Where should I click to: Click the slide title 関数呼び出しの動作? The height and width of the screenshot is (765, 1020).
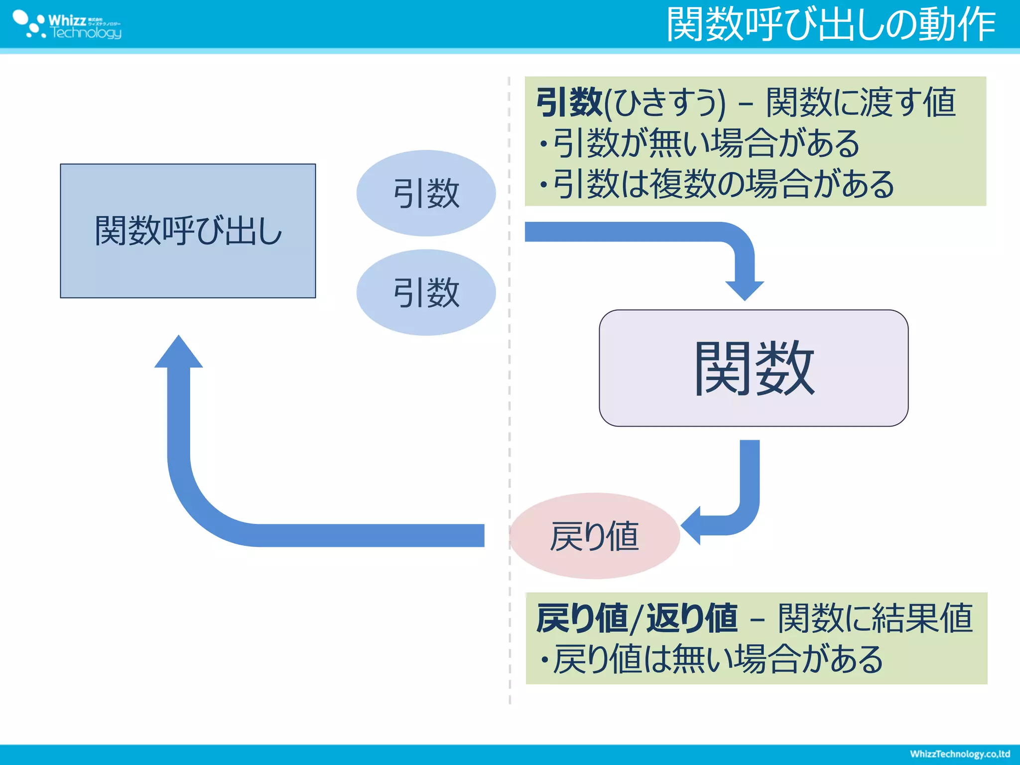(830, 25)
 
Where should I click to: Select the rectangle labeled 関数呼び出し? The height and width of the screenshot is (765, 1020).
(188, 231)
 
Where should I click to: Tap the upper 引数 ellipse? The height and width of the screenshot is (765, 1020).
(426, 193)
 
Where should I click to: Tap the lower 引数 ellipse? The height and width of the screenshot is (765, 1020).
(426, 292)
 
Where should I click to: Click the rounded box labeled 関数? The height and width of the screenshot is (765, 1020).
(754, 368)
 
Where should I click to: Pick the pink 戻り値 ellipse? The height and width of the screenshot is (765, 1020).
(594, 536)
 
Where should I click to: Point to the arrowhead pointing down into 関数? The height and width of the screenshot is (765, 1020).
(745, 290)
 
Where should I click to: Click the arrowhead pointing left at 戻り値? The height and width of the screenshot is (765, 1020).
(692, 525)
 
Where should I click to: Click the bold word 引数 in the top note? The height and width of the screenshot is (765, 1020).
(569, 103)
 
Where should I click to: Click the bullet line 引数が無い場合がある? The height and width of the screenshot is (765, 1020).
(700, 144)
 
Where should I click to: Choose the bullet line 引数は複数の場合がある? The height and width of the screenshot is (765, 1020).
(717, 184)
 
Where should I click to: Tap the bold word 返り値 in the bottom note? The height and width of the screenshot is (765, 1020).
(692, 619)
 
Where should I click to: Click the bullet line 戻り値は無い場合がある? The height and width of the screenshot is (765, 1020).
(712, 659)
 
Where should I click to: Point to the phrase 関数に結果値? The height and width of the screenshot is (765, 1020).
(875, 619)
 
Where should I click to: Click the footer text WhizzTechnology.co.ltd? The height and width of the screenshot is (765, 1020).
(959, 754)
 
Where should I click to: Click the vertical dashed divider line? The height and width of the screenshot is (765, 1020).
(510, 398)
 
